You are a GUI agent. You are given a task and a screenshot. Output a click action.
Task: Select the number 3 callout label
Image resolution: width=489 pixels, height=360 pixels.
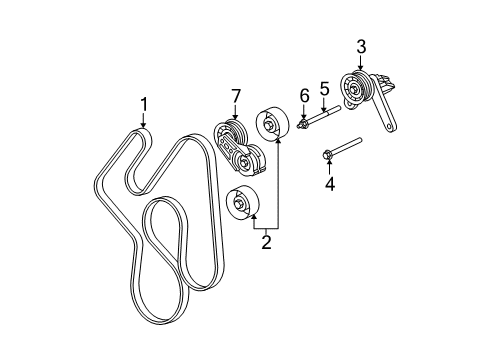(x=361, y=45)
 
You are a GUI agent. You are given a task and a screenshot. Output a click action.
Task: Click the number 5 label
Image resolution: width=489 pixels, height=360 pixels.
(x=324, y=91)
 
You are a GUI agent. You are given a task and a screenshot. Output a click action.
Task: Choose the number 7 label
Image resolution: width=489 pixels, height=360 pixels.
(x=236, y=95)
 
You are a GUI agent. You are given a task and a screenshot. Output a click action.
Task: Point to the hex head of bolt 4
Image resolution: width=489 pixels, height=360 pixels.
(x=329, y=153)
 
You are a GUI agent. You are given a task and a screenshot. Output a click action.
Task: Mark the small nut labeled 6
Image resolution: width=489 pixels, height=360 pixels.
(x=304, y=125)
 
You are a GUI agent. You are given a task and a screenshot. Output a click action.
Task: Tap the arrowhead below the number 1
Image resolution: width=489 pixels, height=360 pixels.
(x=143, y=126)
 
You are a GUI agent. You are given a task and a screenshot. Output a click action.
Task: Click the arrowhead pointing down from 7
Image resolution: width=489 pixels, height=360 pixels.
(x=236, y=119)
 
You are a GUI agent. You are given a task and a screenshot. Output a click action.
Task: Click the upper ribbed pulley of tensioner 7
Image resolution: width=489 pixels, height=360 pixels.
(x=230, y=135)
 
